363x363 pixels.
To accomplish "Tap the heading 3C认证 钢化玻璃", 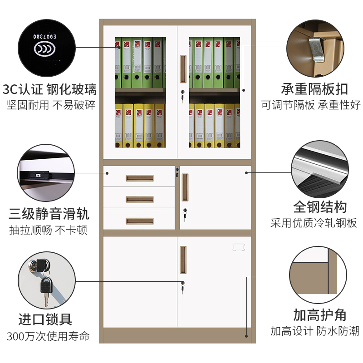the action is point(49,88).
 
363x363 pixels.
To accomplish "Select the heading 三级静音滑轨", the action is point(49,213).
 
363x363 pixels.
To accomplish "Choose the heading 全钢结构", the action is point(320,207).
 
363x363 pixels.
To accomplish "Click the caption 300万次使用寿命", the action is point(48,337).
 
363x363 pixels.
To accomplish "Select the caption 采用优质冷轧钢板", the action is point(314,223).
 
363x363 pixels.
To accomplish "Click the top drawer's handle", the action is point(139,178).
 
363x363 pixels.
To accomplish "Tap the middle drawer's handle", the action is point(139,199).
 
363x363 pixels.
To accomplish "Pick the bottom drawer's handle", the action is point(139,221).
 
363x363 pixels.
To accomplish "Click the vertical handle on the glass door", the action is point(183,69).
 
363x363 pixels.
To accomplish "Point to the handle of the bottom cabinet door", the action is point(183,260).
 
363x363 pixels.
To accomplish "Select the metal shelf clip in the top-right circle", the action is point(317,50).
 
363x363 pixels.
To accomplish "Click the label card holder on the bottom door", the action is point(238,246).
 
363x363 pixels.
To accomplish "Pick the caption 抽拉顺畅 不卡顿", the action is point(48,230).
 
